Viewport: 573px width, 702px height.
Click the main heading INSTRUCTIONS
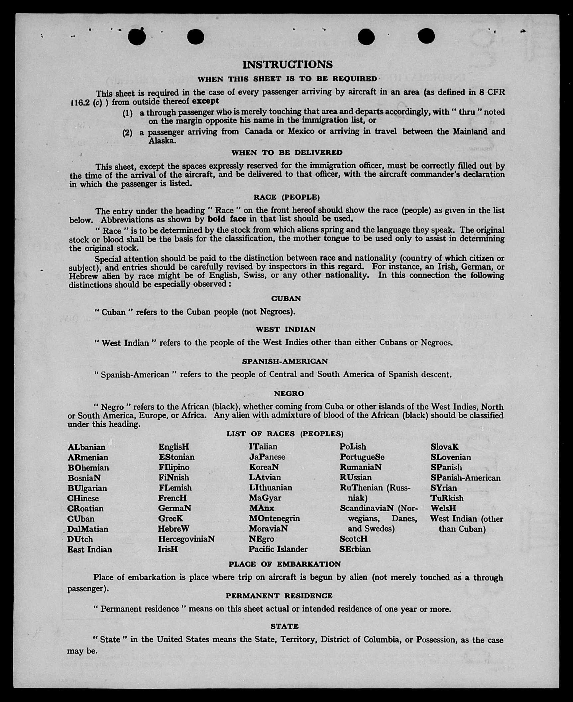pyautogui.click(x=287, y=64)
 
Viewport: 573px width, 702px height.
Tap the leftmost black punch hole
pyautogui.click(x=137, y=37)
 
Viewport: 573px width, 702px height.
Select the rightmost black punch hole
pyautogui.click(x=426, y=36)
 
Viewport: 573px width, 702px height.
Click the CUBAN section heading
pyautogui.click(x=286, y=299)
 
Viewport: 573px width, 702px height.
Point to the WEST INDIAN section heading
pyautogui.click(x=286, y=329)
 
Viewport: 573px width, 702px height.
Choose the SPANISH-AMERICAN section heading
pyautogui.click(x=285, y=361)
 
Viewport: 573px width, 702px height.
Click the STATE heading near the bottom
pyautogui.click(x=285, y=626)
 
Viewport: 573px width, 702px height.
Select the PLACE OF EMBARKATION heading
pyautogui.click(x=285, y=564)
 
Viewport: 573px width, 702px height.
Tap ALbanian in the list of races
pyautogui.click(x=86, y=447)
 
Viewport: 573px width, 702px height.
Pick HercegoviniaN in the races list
pyautogui.click(x=186, y=539)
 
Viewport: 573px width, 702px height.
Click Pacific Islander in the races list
pyautogui.click(x=278, y=549)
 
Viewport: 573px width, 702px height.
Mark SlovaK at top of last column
pyautogui.click(x=444, y=447)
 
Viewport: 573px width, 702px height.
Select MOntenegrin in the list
pyautogui.click(x=274, y=518)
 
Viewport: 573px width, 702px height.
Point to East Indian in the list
pyautogui.click(x=90, y=550)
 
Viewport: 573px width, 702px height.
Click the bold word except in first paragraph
pyautogui.click(x=205, y=101)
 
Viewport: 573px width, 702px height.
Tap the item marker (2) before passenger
pyautogui.click(x=127, y=133)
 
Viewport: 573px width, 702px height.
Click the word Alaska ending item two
pyautogui.click(x=162, y=141)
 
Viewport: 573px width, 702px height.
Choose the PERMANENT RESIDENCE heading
pyautogui.click(x=279, y=596)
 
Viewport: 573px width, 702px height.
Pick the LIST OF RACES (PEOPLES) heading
pyautogui.click(x=285, y=434)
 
